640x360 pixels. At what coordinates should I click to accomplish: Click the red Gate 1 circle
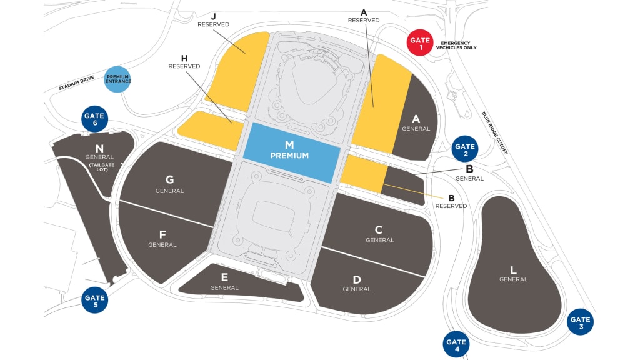click(420, 43)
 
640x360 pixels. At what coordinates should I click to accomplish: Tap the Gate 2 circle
click(465, 149)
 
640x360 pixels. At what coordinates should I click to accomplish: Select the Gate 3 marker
click(580, 322)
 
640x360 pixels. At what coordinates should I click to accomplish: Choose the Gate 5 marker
click(95, 300)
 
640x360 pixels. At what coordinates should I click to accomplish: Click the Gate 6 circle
click(95, 119)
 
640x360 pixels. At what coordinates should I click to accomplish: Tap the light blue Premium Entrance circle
click(117, 79)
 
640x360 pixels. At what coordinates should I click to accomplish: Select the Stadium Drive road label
click(76, 84)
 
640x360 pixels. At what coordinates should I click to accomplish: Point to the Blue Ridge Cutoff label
click(495, 133)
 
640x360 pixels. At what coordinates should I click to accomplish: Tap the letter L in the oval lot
click(514, 271)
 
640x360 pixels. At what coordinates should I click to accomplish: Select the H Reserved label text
click(184, 62)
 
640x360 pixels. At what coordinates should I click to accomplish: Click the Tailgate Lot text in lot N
click(99, 167)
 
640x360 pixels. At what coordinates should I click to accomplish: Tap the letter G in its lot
click(169, 179)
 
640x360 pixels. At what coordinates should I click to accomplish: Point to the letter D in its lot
click(357, 279)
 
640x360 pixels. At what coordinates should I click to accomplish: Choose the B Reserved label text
click(451, 201)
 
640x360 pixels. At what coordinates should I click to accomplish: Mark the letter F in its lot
click(162, 235)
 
